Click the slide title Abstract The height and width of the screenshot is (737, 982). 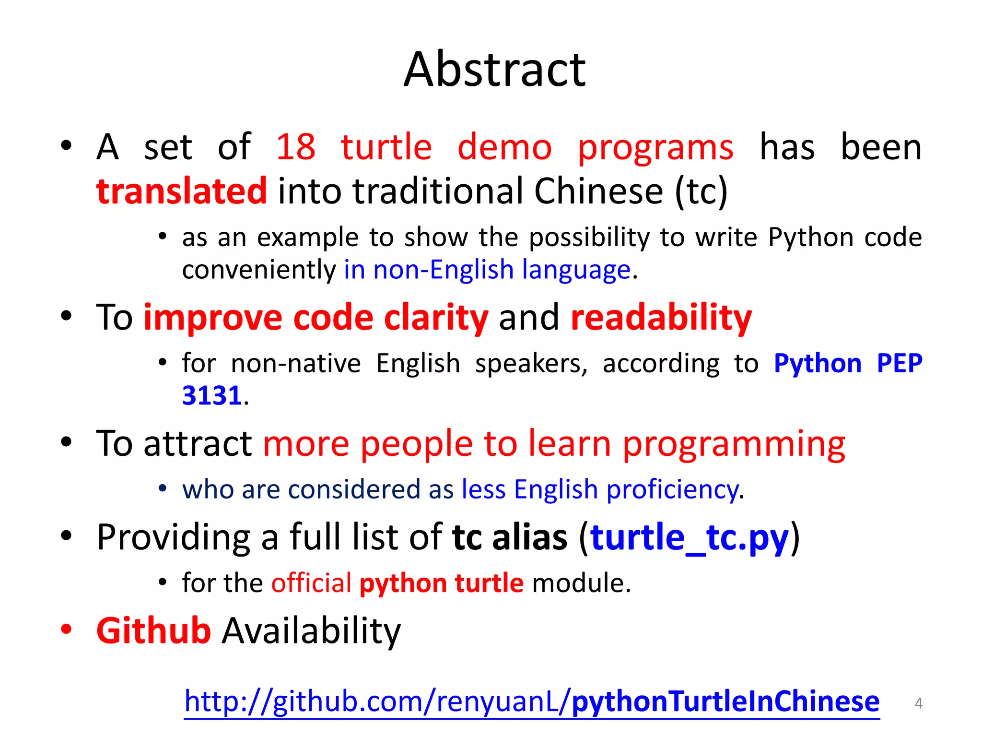(x=494, y=70)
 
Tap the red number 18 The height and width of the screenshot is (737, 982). (x=296, y=147)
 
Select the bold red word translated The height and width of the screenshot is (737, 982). (x=181, y=191)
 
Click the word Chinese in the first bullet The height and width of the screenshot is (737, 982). (x=598, y=191)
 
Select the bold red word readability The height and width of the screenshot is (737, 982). (x=661, y=318)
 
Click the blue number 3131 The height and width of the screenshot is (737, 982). (x=211, y=396)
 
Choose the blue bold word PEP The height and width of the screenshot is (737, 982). (x=899, y=363)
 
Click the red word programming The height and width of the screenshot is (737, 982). (x=734, y=444)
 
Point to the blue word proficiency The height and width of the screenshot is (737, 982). (x=672, y=490)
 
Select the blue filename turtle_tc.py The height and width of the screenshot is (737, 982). (x=689, y=537)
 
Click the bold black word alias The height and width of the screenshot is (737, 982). (x=529, y=537)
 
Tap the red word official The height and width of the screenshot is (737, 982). (x=311, y=583)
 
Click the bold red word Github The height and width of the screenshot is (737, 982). (x=153, y=630)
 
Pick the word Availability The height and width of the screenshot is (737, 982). (x=311, y=631)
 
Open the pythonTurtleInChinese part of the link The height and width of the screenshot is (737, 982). (x=725, y=701)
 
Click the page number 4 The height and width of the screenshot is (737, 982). (x=918, y=703)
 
